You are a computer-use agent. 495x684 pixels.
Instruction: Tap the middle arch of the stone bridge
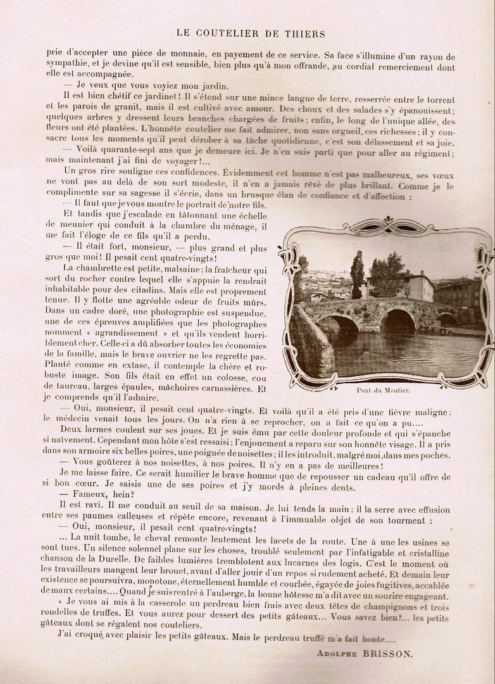click(x=398, y=321)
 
